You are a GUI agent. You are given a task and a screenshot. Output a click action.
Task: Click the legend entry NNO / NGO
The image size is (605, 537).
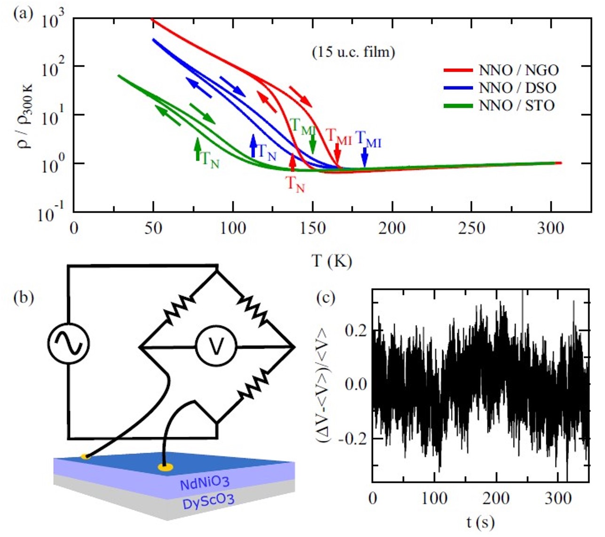[x=518, y=70]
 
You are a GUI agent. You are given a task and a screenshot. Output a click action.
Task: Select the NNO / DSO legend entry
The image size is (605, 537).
[x=517, y=88]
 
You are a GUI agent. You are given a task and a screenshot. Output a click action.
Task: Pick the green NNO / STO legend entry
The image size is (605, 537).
[x=517, y=105]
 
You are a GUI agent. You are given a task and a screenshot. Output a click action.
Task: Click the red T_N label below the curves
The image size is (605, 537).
[x=295, y=184]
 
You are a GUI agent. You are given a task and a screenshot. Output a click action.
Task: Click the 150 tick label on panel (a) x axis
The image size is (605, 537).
[x=313, y=229]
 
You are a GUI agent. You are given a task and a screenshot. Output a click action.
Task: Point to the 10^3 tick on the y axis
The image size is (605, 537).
[x=52, y=20]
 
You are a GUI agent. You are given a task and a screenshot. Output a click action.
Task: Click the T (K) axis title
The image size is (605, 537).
[x=332, y=260]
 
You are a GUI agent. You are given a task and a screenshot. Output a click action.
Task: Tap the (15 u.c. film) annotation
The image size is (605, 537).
[x=353, y=52]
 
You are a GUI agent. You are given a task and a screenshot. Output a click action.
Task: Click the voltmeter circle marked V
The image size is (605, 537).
[x=216, y=347]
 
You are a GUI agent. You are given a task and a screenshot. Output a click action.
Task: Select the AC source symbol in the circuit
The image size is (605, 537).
[x=68, y=343]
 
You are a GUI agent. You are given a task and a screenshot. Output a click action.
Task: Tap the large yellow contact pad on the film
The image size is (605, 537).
[x=165, y=467]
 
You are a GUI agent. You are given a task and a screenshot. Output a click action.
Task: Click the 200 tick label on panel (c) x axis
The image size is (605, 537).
[x=496, y=498]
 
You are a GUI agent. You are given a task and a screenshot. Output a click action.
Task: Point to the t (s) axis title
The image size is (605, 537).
[x=480, y=522]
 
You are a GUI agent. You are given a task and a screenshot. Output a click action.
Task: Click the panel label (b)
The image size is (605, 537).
[x=24, y=298]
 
